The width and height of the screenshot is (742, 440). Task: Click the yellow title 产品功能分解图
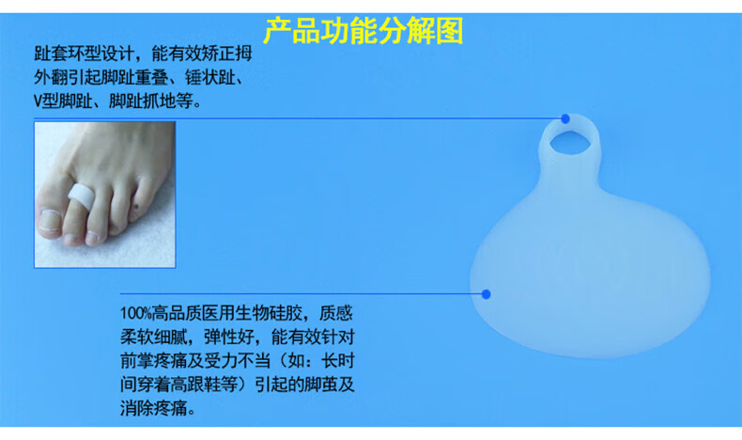(x=363, y=31)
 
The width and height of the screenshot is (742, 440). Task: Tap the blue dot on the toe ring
(x=565, y=118)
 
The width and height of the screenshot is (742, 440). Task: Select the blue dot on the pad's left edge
(x=486, y=294)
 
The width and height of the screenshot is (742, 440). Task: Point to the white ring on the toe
(x=80, y=196)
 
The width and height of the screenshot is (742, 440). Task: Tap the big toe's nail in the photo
(x=50, y=221)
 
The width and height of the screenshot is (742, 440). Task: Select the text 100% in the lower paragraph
(x=135, y=313)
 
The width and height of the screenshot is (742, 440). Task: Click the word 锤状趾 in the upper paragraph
(x=209, y=77)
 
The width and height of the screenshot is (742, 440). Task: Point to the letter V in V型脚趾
(x=39, y=102)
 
